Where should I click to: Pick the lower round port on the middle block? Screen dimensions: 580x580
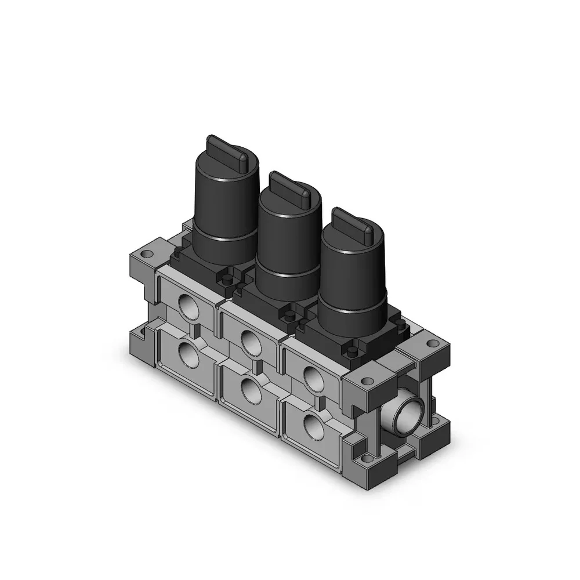(251, 390)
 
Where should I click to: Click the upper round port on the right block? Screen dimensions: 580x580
(313, 376)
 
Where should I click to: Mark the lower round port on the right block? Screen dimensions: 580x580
(313, 426)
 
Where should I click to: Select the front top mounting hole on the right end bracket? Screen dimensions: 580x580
(365, 380)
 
